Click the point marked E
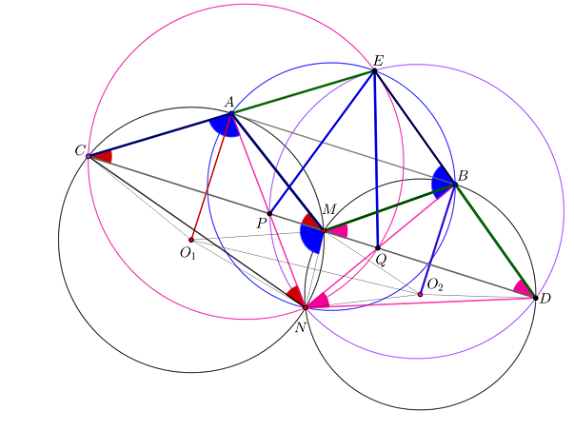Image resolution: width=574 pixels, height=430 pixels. [x=374, y=70]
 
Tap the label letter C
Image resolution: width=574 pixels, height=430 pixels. [x=80, y=150]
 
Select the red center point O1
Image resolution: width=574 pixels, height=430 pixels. [x=191, y=240]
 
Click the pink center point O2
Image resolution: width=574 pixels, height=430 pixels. [x=420, y=294]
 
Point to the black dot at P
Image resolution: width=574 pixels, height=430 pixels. [x=269, y=214]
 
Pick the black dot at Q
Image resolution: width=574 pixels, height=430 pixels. [x=378, y=248]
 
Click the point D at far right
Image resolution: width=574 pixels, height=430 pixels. [x=536, y=299]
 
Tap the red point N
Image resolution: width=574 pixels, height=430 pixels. [x=306, y=308]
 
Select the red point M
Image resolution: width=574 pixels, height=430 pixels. [x=324, y=231]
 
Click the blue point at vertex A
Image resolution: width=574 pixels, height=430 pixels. [x=231, y=114]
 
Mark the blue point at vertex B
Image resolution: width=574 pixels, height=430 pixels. [x=455, y=185]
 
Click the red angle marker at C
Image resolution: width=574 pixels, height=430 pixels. [x=105, y=157]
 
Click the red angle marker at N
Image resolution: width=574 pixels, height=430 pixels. [x=296, y=295]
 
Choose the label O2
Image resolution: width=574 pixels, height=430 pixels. [x=435, y=284]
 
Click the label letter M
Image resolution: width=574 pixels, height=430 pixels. [x=329, y=209]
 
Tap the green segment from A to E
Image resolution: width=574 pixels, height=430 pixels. [x=303, y=92]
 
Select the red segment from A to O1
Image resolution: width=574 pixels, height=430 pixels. [x=211, y=177]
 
